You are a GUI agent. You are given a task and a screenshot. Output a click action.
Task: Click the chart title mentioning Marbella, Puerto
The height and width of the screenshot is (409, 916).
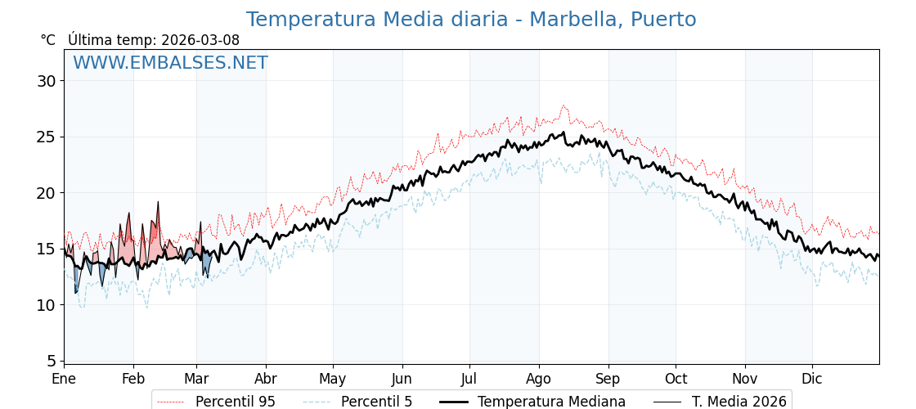coord(471,20)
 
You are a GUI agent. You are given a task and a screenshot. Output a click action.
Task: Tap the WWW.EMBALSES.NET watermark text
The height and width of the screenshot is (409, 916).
coord(170,63)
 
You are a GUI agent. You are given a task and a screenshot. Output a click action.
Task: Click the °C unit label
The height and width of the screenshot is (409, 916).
coord(47,40)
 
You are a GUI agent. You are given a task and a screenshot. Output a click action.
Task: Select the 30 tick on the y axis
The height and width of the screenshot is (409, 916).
coord(46,81)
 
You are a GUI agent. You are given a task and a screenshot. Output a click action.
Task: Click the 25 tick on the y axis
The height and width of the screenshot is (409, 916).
coord(46,137)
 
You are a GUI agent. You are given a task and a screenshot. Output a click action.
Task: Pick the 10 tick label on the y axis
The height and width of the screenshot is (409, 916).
coord(46,305)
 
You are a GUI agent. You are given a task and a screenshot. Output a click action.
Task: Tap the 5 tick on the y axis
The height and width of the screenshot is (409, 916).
coord(51,361)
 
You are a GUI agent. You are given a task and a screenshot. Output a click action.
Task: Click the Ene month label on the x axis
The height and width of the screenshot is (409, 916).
coord(64,379)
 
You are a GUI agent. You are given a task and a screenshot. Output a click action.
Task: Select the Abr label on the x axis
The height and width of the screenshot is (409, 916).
coord(266,379)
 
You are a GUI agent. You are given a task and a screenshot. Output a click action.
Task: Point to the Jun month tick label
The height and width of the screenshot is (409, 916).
coord(402,379)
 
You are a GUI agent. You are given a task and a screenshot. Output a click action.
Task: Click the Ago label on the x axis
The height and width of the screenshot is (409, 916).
coord(538,379)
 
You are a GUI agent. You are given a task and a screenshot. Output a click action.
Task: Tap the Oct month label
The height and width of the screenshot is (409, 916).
coord(676,379)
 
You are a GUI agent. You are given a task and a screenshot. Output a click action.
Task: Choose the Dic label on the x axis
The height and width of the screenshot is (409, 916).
coord(812,379)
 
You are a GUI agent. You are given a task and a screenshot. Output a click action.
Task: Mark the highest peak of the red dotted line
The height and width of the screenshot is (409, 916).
coord(564,105)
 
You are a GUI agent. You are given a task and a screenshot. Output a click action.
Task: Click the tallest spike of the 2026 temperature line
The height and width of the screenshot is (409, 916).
coord(158,201)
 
